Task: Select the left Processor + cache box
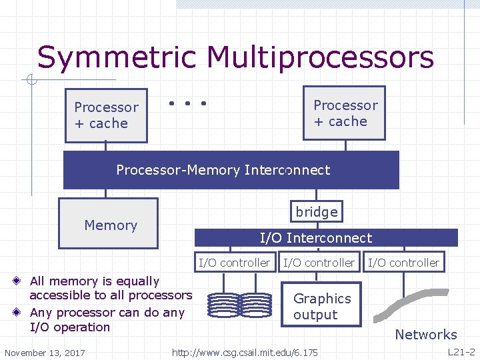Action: [x=106, y=115]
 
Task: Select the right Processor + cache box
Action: [x=344, y=113]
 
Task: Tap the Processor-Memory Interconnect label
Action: [x=223, y=170]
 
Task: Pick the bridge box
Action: [x=316, y=211]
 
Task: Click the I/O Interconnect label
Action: [x=315, y=238]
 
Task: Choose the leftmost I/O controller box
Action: [x=234, y=263]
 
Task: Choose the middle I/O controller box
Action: [x=319, y=263]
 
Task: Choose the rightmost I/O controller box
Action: [x=403, y=263]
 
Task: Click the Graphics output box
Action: [x=322, y=307]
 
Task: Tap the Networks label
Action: [x=425, y=335]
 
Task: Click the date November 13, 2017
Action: [x=45, y=352]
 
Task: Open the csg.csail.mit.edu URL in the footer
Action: [x=245, y=352]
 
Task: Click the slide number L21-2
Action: [x=461, y=351]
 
